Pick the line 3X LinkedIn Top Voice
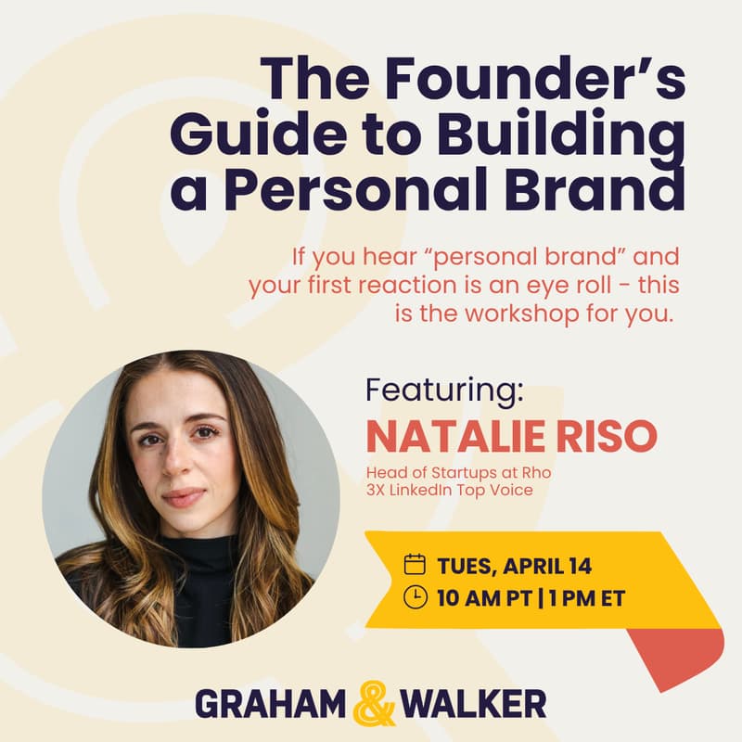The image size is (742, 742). [449, 490]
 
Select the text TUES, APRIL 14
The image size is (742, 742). [514, 565]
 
